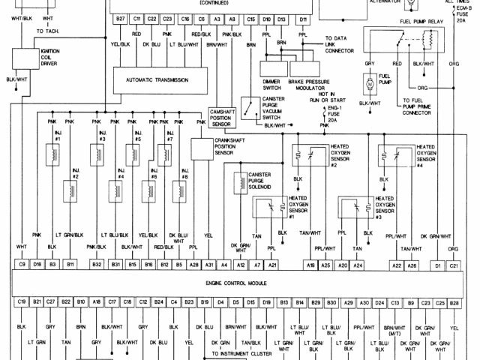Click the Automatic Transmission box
click(157, 79)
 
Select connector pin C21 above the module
click(454, 265)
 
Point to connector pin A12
click(241, 265)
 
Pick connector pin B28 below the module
click(454, 302)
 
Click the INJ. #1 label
click(58, 136)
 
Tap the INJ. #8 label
click(184, 178)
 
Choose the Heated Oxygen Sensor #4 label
click(426, 155)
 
